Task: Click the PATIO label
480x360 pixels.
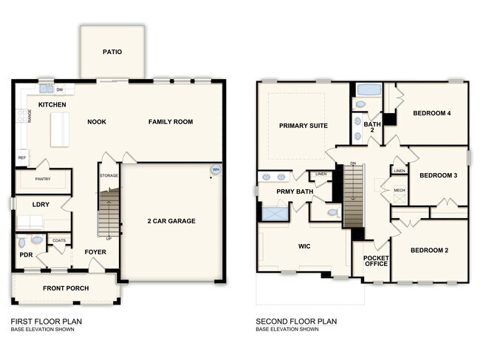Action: coord(112,52)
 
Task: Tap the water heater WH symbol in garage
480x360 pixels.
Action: coord(216,169)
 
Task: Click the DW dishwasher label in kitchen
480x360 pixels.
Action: coord(60,90)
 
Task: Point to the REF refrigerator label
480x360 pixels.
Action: coord(21,157)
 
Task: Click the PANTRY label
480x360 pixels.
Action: coord(43,180)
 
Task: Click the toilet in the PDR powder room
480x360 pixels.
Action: coord(21,242)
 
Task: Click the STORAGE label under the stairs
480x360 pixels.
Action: coord(109,175)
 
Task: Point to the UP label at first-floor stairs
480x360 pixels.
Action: coord(109,239)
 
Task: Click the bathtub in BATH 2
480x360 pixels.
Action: coord(367,90)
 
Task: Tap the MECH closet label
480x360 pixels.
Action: coord(399,190)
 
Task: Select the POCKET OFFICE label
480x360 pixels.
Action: coord(376,261)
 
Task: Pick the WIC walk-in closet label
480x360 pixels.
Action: coord(304,246)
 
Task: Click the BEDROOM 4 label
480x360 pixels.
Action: coord(432,112)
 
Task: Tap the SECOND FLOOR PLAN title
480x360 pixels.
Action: coord(296,322)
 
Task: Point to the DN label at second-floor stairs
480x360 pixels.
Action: coord(353,163)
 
